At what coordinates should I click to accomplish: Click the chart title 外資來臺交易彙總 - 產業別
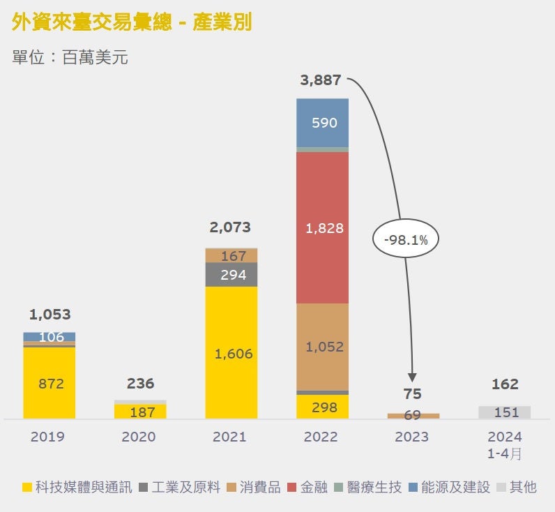pos(132,23)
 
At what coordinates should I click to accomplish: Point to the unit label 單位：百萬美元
pos(70,57)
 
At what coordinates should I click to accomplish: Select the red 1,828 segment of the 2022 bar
pos(322,227)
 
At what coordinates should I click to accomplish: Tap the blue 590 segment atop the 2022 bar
pos(322,123)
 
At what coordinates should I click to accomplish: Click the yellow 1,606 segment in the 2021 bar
pos(231,353)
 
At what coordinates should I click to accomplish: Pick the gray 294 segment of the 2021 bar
pos(231,275)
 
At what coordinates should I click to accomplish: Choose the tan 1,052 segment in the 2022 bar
pos(322,347)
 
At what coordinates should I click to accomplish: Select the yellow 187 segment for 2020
pos(140,412)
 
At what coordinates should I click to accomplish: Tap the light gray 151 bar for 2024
pos(505,412)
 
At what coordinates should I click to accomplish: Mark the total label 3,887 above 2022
pos(321,80)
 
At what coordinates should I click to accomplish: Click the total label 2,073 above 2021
pos(230,227)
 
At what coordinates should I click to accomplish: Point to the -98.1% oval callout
pos(410,239)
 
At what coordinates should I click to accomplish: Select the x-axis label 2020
pos(139,437)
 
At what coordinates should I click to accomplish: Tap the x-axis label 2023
pos(412,437)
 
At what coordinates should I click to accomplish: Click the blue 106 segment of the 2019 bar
pos(49,337)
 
